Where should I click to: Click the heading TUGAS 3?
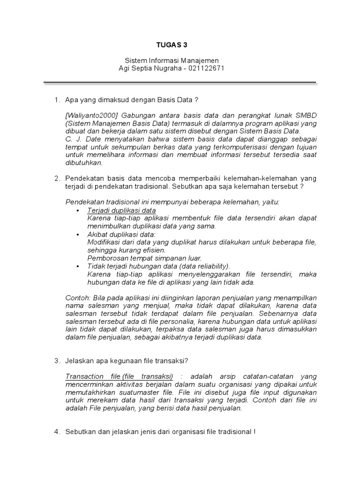(174, 45)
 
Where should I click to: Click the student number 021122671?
(207, 68)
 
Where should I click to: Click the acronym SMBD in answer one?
(304, 115)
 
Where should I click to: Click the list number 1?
(56, 100)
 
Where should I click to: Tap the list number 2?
(56, 178)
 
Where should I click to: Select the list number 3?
(56, 360)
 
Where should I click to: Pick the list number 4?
(56, 432)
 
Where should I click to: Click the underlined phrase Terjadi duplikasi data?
(121, 210)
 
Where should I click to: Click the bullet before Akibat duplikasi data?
(77, 234)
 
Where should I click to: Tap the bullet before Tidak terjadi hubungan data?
(77, 266)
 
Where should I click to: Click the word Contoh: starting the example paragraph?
(76, 298)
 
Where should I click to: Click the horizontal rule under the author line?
(180, 83)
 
